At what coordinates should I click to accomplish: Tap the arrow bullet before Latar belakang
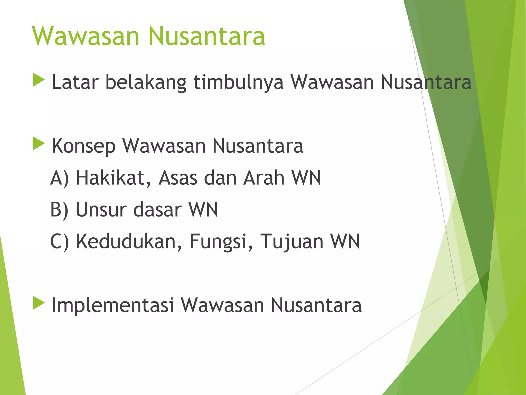point(39,80)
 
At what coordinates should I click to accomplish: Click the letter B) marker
point(59,210)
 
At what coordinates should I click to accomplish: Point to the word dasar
point(157,210)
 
